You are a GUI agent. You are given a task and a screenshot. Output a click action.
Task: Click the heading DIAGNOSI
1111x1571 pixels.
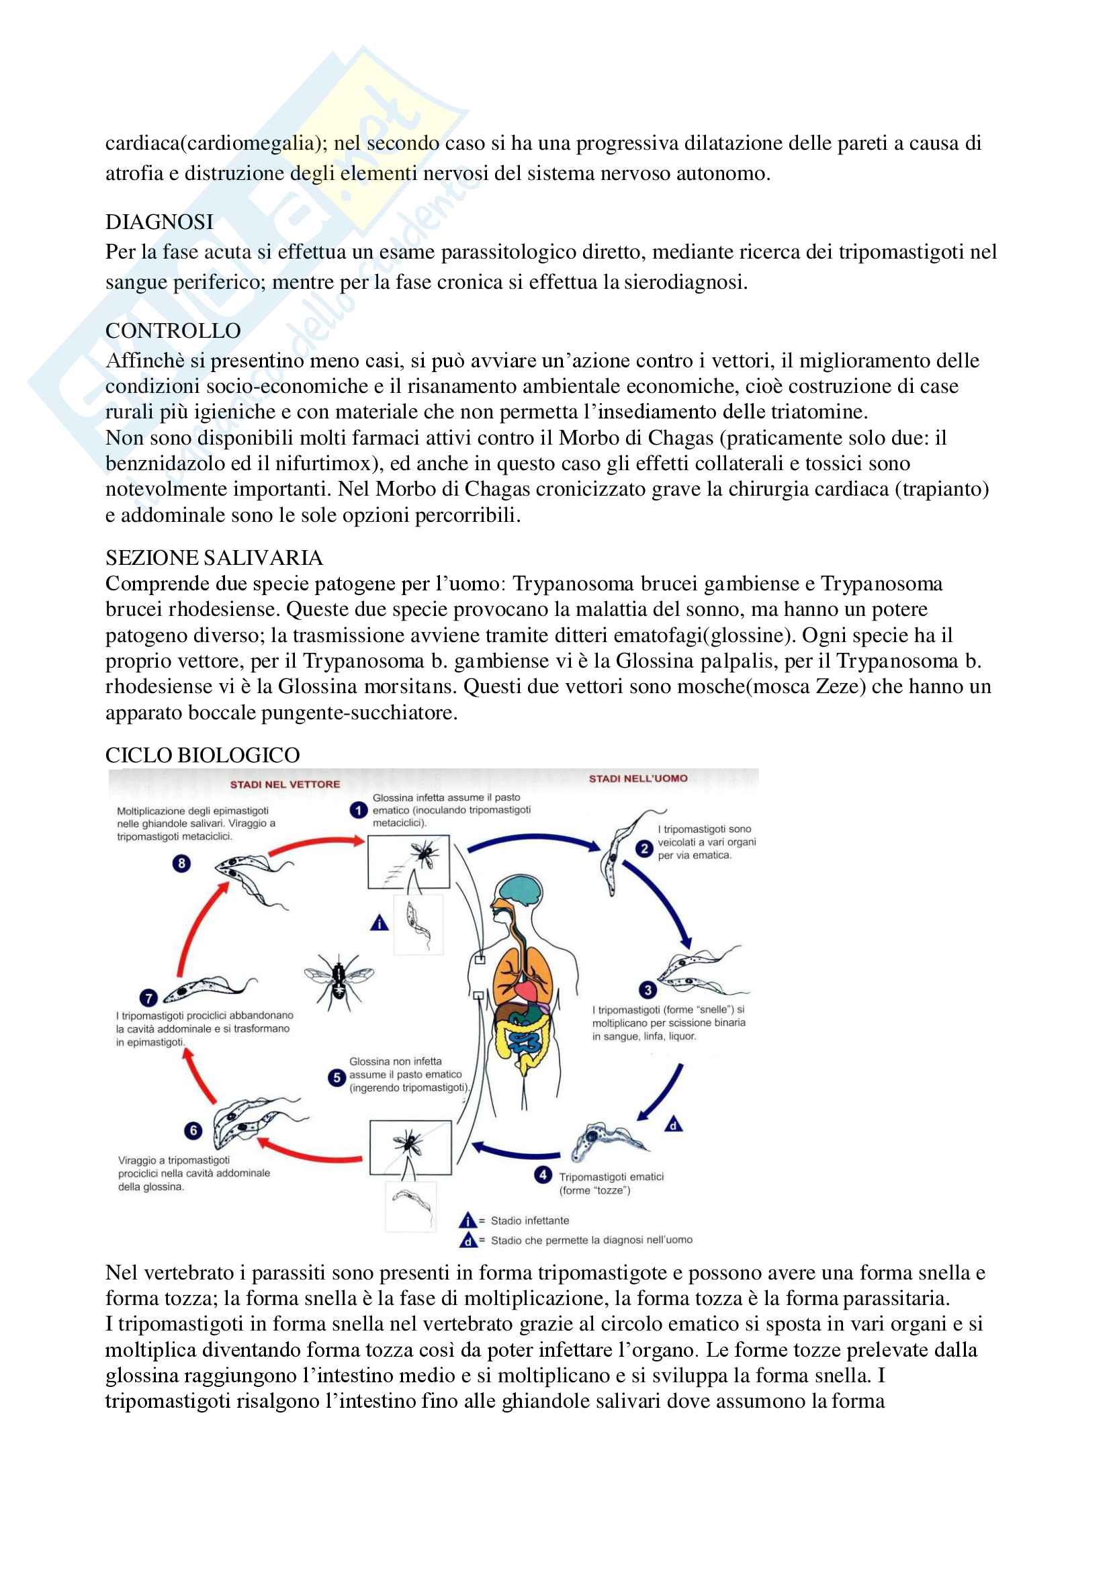159,222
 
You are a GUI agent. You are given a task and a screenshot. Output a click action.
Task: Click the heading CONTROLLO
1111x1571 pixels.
173,331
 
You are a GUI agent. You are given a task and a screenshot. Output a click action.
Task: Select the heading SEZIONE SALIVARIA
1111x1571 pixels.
214,558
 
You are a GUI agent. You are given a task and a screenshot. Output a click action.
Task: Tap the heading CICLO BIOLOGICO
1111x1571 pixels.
202,756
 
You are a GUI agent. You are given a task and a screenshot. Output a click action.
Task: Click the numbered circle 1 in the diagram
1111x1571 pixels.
359,810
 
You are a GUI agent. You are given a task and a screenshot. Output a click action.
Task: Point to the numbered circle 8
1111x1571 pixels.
181,864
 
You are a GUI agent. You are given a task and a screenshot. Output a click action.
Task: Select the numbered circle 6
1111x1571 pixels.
193,1130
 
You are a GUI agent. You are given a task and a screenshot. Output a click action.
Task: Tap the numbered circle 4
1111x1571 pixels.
543,1175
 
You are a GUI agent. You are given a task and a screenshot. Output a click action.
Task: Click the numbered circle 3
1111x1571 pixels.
647,989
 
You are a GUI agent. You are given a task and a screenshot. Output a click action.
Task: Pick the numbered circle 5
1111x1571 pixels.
337,1077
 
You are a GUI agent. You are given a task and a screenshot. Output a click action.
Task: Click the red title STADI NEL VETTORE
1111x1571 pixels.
285,784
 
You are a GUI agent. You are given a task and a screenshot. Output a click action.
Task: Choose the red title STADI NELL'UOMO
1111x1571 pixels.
638,778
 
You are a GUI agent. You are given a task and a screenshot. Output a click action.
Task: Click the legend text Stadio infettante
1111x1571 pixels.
529,1220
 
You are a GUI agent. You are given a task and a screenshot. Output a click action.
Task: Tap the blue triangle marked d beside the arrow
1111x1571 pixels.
674,1125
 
